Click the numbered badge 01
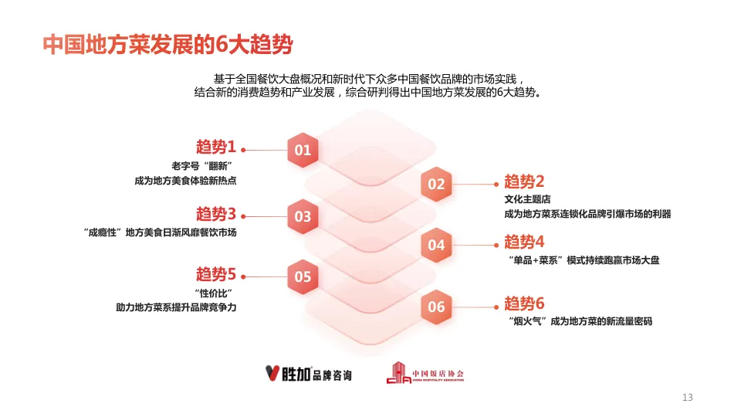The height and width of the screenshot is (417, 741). [303, 151]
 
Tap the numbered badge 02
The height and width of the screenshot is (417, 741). [436, 184]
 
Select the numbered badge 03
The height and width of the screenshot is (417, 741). [303, 216]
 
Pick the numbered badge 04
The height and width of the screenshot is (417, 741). [436, 245]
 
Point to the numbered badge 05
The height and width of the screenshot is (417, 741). [303, 276]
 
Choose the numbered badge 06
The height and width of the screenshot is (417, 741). [436, 307]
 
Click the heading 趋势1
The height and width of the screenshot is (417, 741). [215, 147]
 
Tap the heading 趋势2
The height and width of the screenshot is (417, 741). [525, 181]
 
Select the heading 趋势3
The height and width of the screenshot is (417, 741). [215, 214]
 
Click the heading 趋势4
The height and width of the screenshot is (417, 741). [525, 242]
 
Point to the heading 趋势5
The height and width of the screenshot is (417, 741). [215, 274]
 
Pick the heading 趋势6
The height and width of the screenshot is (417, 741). [525, 303]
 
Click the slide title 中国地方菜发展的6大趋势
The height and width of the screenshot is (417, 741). [167, 45]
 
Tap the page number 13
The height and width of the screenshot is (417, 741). [688, 398]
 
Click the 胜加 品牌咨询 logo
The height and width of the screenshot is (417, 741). [308, 375]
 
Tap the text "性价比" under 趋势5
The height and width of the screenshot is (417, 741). [215, 293]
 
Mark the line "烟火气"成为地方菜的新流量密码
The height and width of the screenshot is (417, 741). [580, 321]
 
